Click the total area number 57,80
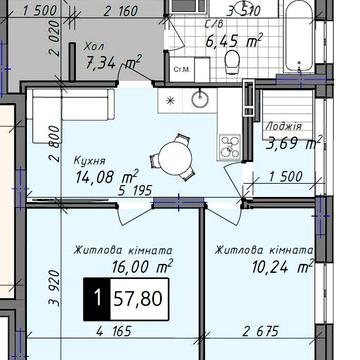tap(138, 299)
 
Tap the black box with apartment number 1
tap(97, 299)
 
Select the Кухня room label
tap(90, 162)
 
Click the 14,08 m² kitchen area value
tap(107, 176)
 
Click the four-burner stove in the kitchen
tap(230, 146)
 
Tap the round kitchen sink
tap(200, 98)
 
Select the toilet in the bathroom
tap(232, 62)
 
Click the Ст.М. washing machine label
tap(182, 70)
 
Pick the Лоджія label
tap(284, 127)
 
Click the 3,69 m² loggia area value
tap(294, 143)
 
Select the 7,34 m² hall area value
tap(113, 62)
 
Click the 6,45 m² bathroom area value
tap(234, 40)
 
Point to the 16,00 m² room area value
tap(143, 266)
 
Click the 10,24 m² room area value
tap(283, 266)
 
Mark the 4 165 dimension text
tap(114, 332)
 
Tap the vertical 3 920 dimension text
tap(54, 287)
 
